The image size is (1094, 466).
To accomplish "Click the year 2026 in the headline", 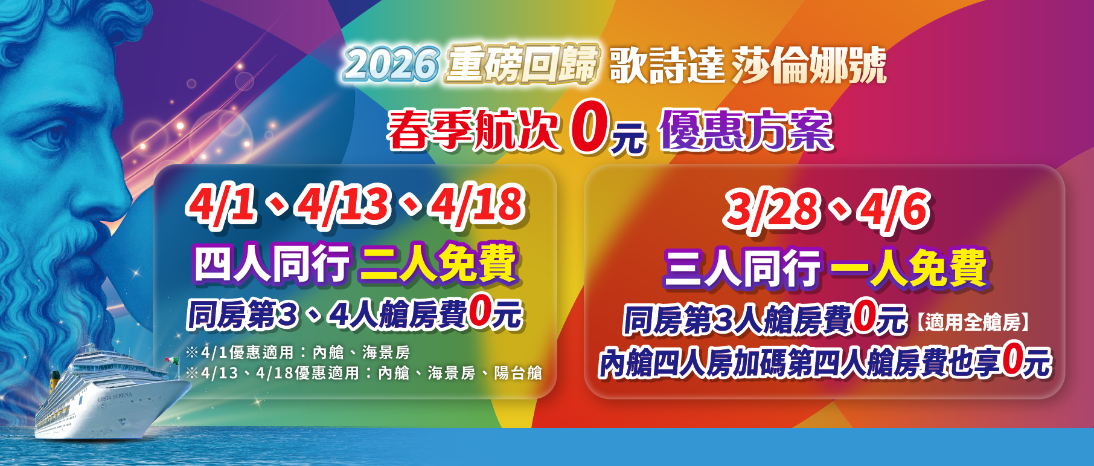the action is point(391,64).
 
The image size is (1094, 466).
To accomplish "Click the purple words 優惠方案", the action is point(746,130).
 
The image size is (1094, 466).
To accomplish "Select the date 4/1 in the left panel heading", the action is point(222,205).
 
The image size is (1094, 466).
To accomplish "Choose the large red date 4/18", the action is point(478,205).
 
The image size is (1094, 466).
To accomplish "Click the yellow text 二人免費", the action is point(439,264).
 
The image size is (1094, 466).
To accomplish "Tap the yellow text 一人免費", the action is point(909,268).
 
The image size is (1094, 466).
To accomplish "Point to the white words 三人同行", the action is point(742,268).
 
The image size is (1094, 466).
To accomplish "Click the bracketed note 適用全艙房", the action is point(972,322).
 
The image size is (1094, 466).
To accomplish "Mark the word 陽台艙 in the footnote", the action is point(518,373).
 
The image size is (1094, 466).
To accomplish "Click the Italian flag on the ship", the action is point(172,360).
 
